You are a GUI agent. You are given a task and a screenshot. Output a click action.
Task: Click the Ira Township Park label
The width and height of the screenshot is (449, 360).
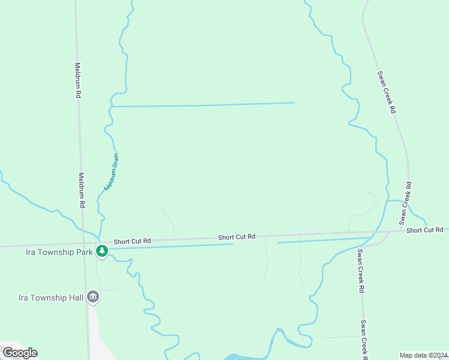point(59,252)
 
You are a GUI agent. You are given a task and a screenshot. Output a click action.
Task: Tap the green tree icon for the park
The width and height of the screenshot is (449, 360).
point(102,251)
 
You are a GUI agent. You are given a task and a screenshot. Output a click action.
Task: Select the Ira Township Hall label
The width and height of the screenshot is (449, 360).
point(53,297)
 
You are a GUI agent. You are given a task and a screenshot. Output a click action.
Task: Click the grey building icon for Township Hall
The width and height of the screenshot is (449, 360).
point(92,296)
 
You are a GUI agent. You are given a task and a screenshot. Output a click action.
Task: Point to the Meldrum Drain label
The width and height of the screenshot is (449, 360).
point(112,172)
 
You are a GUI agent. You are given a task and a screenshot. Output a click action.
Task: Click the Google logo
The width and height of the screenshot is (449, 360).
point(20,353)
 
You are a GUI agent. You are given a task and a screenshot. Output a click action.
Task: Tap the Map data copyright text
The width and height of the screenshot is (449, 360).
point(424,355)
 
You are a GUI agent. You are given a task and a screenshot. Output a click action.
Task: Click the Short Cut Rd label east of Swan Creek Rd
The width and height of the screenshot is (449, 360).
point(424,230)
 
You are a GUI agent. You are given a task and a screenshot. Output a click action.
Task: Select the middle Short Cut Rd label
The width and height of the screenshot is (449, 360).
point(237,237)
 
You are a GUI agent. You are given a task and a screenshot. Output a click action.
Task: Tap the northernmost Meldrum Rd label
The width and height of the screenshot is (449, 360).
point(77,80)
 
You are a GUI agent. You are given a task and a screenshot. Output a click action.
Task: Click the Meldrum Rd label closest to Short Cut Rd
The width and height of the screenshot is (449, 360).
point(82,191)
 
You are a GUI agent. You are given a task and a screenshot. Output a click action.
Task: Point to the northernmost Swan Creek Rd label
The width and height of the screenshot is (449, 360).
point(387,92)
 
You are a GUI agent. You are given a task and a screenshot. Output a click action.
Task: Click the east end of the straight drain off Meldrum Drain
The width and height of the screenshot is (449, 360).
point(294,103)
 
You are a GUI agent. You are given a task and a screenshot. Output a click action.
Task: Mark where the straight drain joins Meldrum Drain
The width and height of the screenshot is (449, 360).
point(112,107)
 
